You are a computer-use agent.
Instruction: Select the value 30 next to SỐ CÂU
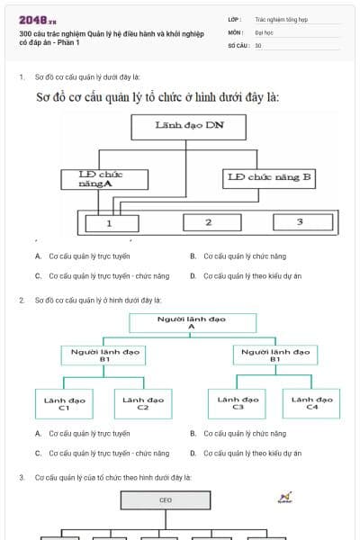point(258,45)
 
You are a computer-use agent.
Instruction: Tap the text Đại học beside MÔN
point(264,31)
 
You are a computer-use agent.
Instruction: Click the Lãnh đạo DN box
point(188,127)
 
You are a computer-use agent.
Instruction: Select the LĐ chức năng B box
point(269,178)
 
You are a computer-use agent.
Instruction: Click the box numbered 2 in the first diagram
point(209,222)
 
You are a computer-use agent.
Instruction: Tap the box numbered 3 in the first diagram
point(300,222)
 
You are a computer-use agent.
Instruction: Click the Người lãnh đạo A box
point(191,322)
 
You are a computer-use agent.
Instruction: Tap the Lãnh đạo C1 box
point(64,403)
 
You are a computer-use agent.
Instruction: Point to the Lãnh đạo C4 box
point(311,403)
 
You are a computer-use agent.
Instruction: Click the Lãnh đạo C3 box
point(238,403)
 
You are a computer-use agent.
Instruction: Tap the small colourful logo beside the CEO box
point(285,497)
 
